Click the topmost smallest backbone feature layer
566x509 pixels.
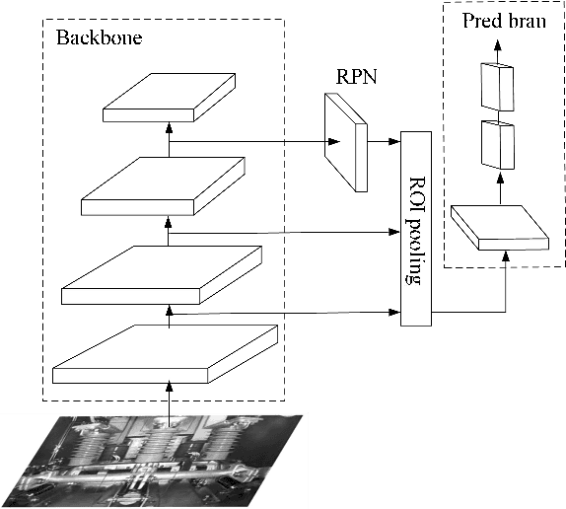(169, 97)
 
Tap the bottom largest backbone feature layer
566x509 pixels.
(166, 353)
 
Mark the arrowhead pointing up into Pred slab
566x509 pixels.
(506, 256)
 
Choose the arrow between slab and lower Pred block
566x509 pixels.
(499, 187)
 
